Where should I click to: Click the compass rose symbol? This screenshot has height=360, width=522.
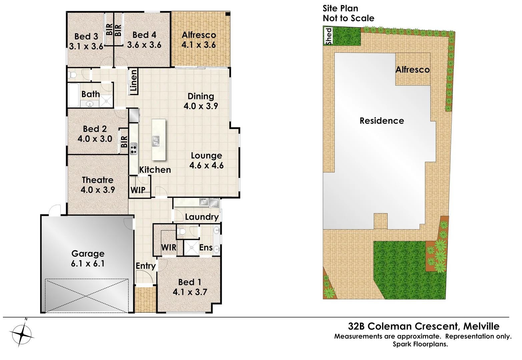tap(22, 334)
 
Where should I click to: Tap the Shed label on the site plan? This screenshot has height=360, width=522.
tap(329, 36)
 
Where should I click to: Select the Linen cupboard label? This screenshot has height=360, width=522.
tap(134, 81)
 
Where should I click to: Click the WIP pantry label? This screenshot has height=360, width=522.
tap(138, 190)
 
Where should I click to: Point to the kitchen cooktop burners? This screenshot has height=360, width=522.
tap(133, 148)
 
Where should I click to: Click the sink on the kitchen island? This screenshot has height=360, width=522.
tap(156, 141)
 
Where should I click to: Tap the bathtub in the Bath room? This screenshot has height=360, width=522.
tap(73, 95)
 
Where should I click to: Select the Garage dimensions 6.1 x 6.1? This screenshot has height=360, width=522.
tap(88, 264)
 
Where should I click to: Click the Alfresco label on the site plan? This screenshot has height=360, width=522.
tap(412, 70)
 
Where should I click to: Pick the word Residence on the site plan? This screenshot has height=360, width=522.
tap(382, 121)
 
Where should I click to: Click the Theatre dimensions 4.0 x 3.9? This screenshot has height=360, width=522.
tap(98, 190)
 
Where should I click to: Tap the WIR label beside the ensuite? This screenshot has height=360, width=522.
tap(168, 247)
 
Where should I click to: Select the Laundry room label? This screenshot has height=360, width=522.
tap(201, 217)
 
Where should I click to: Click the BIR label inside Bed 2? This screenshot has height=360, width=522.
tap(124, 142)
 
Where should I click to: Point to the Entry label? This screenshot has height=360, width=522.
tap(145, 266)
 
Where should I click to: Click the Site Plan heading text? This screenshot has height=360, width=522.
tap(340, 9)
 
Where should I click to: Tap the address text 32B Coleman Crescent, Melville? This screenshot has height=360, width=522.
tap(424, 326)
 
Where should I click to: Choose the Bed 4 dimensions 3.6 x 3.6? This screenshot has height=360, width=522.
tap(144, 45)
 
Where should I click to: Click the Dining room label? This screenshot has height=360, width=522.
tap(200, 96)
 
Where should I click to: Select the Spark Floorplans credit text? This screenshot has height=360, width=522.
tap(420, 344)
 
